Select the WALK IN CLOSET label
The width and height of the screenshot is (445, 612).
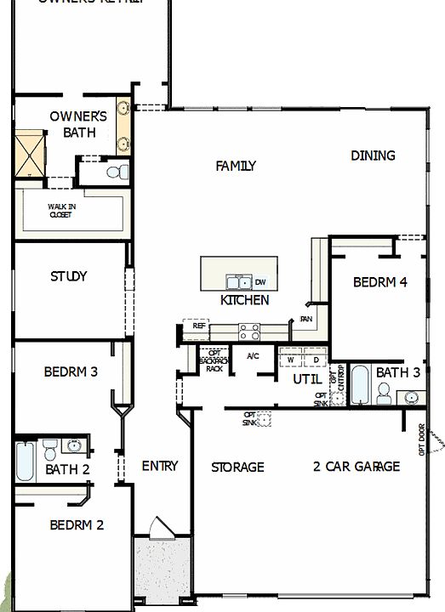[x=59, y=210]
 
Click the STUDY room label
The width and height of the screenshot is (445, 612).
[x=68, y=276]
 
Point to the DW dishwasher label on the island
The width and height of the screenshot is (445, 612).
[x=260, y=282]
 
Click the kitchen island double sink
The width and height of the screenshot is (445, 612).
[x=237, y=282]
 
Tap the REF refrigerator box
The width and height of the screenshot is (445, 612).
[x=198, y=326]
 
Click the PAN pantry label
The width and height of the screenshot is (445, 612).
[x=306, y=320]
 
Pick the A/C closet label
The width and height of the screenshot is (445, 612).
[x=253, y=356]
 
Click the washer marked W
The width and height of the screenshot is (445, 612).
[x=290, y=359]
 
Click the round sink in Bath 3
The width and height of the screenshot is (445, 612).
[x=413, y=396]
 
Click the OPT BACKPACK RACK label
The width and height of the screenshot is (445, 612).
[x=214, y=360]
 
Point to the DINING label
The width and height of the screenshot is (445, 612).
[x=373, y=156]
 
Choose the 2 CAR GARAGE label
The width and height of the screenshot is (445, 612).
[x=356, y=467]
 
